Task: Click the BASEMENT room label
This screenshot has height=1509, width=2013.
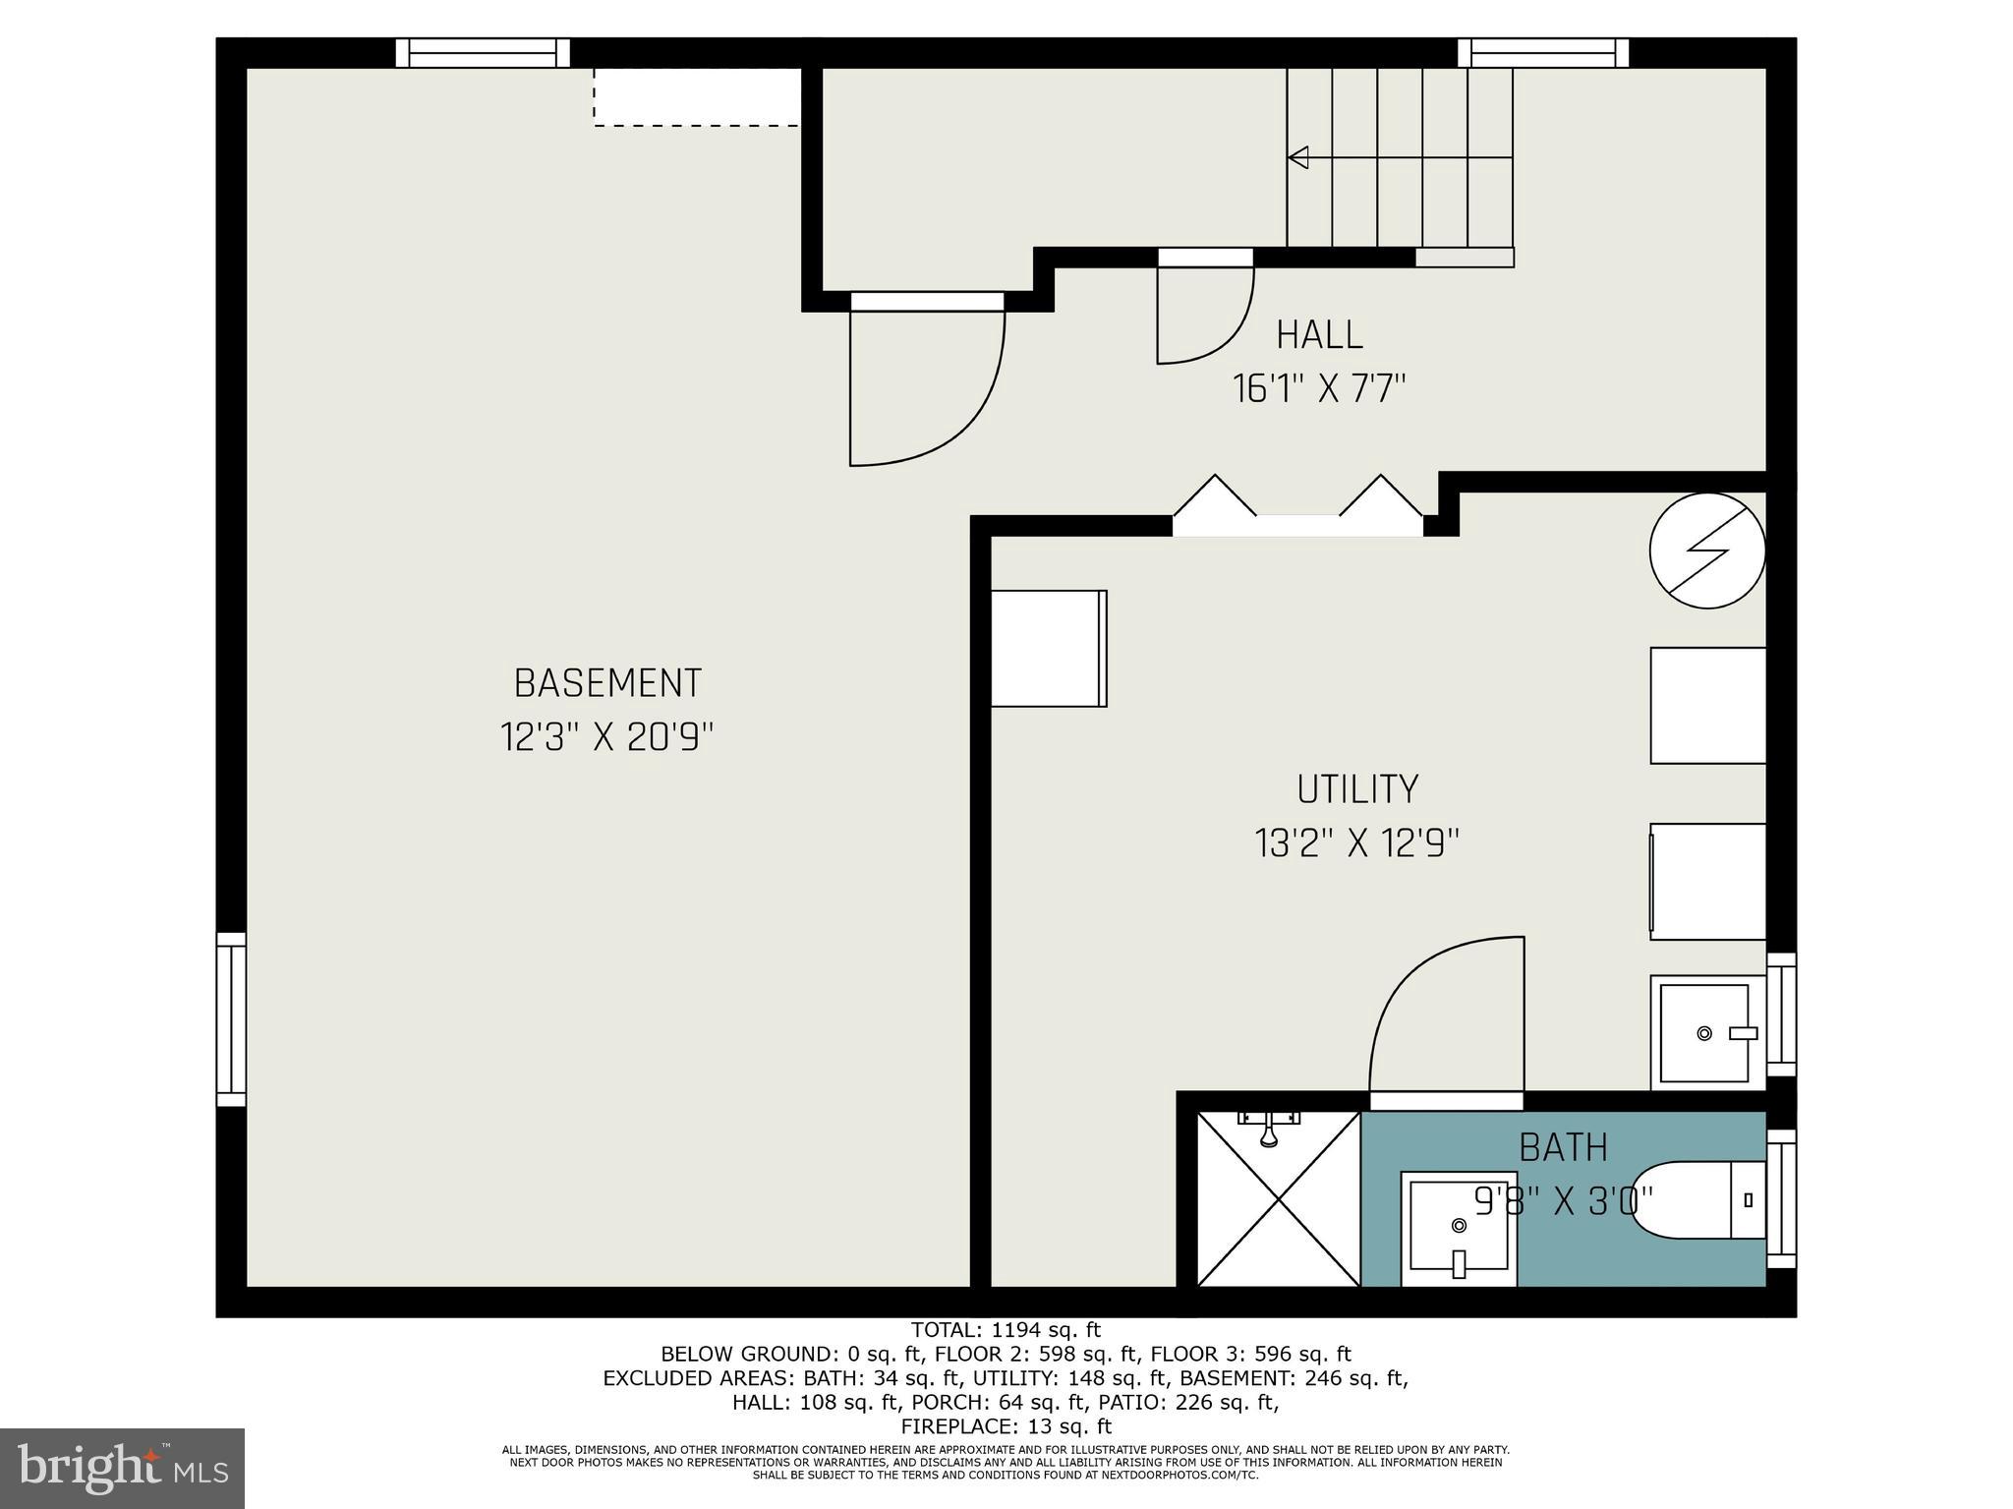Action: [x=607, y=682]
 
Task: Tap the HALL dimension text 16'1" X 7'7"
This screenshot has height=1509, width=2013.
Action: [x=1319, y=389]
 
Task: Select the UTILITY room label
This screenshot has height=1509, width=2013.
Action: [x=1356, y=789]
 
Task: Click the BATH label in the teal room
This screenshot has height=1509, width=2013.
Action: [x=1563, y=1147]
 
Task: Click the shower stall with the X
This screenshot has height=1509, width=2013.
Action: [x=1279, y=1199]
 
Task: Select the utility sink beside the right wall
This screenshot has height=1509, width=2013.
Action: [x=1706, y=1032]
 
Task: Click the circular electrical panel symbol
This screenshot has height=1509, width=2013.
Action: [x=1707, y=551]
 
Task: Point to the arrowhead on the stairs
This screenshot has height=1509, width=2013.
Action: [x=1298, y=157]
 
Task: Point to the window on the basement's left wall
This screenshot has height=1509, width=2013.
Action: [x=231, y=1019]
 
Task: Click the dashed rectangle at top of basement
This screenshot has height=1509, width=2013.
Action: [x=696, y=96]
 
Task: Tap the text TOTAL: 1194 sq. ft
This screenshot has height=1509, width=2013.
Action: [x=1006, y=1330]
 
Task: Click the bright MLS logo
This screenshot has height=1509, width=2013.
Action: [x=122, y=1468]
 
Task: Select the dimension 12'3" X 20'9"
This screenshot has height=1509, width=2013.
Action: [x=606, y=736]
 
